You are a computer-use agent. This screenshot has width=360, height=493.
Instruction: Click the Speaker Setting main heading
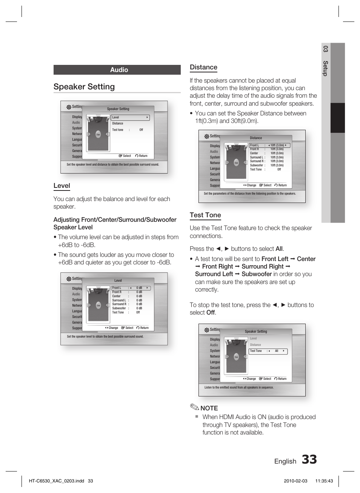coord(84,87)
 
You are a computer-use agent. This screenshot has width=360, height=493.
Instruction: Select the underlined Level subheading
coord(62,186)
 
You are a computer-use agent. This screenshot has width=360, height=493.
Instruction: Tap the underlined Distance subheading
coord(203,67)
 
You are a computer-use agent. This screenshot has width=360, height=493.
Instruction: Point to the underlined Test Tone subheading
coord(205,215)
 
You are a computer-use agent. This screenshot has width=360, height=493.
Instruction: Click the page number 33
coord(309,459)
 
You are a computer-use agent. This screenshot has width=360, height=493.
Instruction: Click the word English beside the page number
coord(285,461)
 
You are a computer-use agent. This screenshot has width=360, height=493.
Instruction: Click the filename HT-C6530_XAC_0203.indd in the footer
coord(56,481)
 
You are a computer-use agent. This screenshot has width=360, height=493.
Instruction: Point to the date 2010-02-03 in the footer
coord(295,481)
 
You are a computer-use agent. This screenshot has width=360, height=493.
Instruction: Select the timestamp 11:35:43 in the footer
coord(324,481)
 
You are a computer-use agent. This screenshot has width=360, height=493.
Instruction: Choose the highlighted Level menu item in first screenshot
coord(130,118)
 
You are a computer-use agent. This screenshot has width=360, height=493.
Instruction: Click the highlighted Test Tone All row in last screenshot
coord(268,351)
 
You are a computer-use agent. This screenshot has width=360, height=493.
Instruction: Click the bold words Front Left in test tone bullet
coord(275,259)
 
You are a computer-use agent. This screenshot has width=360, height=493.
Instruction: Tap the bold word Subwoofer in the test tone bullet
coord(257,274)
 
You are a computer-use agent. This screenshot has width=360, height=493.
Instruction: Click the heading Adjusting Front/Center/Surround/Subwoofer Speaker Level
coord(115,223)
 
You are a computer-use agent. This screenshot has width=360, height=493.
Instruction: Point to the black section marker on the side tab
coord(337,118)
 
